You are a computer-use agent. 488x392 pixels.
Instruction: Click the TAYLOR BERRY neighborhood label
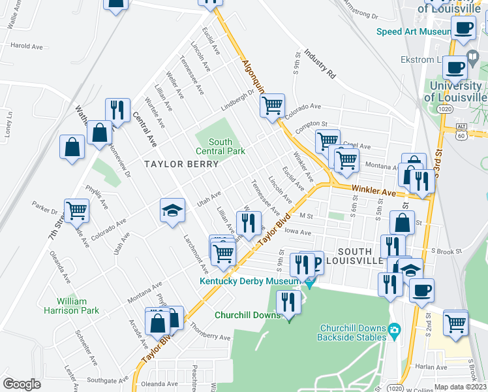pos(176,165)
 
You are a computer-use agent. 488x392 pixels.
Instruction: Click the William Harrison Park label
pos(78,306)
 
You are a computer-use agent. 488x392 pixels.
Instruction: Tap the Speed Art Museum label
pos(414,31)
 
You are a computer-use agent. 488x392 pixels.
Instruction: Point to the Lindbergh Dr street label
pos(237,96)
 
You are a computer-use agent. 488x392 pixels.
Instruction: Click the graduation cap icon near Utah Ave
pos(172,210)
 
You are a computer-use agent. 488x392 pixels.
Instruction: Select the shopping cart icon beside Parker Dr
pos(76,210)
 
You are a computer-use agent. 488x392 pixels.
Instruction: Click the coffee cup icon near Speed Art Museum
pos(463,28)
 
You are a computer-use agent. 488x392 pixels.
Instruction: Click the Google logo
pos(22,384)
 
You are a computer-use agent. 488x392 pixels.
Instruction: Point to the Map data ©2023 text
pos(461,387)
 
